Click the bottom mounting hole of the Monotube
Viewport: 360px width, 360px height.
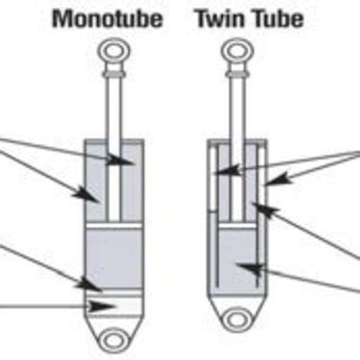[118, 339]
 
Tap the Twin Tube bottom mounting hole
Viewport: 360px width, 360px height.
[237, 313]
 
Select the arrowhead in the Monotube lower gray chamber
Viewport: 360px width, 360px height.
[93, 284]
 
